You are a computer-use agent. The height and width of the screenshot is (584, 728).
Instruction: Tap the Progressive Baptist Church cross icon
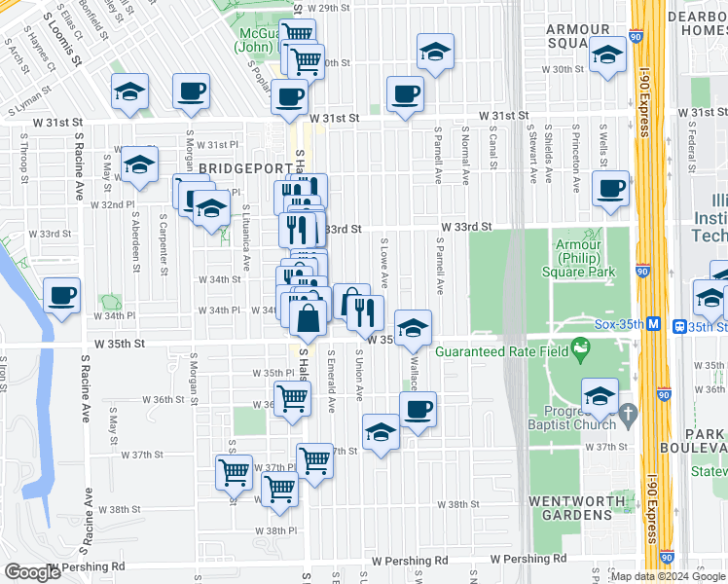tap(628, 413)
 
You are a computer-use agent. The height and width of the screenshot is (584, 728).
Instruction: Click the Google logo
tap(33, 572)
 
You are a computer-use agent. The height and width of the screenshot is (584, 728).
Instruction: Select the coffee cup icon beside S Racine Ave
tap(61, 295)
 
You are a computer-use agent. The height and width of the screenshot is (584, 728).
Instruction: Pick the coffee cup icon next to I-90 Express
tap(610, 189)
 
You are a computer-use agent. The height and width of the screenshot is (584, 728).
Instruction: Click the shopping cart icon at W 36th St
tap(291, 397)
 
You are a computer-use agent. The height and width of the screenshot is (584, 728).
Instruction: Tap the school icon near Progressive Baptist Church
tap(600, 396)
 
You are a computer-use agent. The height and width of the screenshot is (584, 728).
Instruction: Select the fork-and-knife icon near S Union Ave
tap(365, 312)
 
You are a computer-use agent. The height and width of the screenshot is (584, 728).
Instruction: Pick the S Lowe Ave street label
tap(384, 263)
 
